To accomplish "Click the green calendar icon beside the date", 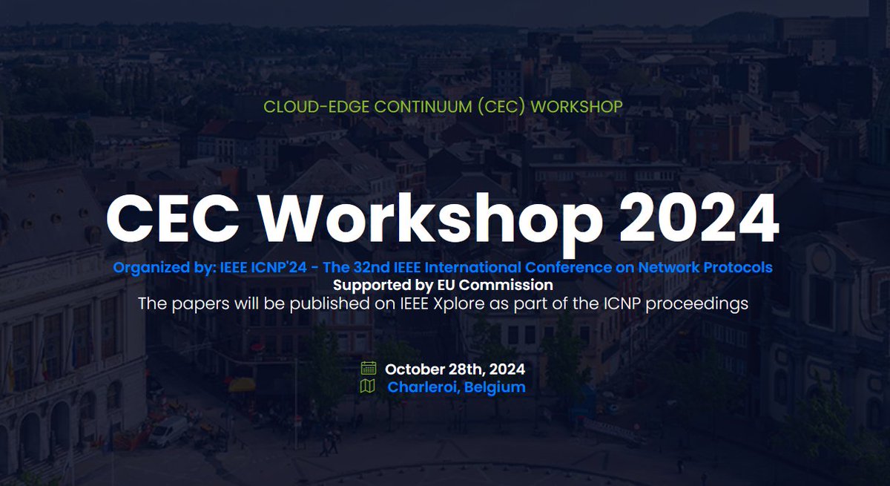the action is click(x=369, y=368).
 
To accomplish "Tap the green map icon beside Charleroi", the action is click(x=368, y=387).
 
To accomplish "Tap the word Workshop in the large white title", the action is click(x=431, y=223).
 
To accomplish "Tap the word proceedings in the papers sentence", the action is click(x=696, y=304).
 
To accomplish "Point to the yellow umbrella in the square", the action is click(x=242, y=384).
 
